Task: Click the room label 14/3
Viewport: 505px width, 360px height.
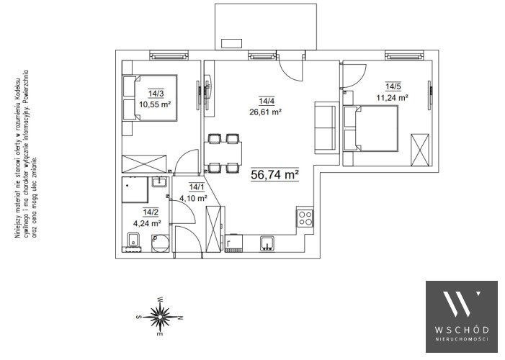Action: click(156, 94)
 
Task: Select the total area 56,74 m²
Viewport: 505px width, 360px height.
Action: click(274, 174)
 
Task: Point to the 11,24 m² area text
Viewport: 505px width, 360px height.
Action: click(393, 98)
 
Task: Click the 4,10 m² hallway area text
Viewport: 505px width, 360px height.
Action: click(193, 198)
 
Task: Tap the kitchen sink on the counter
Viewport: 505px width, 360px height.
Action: click(267, 243)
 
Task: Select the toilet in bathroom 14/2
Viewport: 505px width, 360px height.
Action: click(133, 241)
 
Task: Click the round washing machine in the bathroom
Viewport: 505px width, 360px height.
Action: click(160, 243)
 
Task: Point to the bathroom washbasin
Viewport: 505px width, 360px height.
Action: click(159, 182)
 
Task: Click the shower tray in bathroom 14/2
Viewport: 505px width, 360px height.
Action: click(135, 189)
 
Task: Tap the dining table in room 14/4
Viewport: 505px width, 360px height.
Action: click(223, 153)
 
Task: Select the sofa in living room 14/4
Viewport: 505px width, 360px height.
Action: click(326, 127)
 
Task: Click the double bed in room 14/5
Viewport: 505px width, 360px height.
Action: click(370, 128)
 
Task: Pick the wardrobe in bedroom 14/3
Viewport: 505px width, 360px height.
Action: click(144, 164)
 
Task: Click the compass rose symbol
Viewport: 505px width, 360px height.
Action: click(159, 317)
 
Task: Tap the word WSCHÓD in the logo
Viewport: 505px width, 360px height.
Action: click(462, 330)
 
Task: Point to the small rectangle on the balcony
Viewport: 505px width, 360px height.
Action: click(231, 43)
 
